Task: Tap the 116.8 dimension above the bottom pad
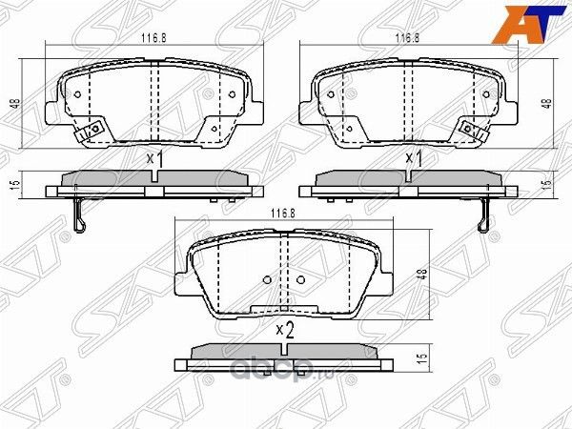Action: pos(278,214)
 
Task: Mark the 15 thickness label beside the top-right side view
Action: pos(547,184)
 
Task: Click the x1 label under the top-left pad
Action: pos(154,159)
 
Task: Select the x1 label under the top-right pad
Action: pos(414,158)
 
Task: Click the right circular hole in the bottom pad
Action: pos(299,279)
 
